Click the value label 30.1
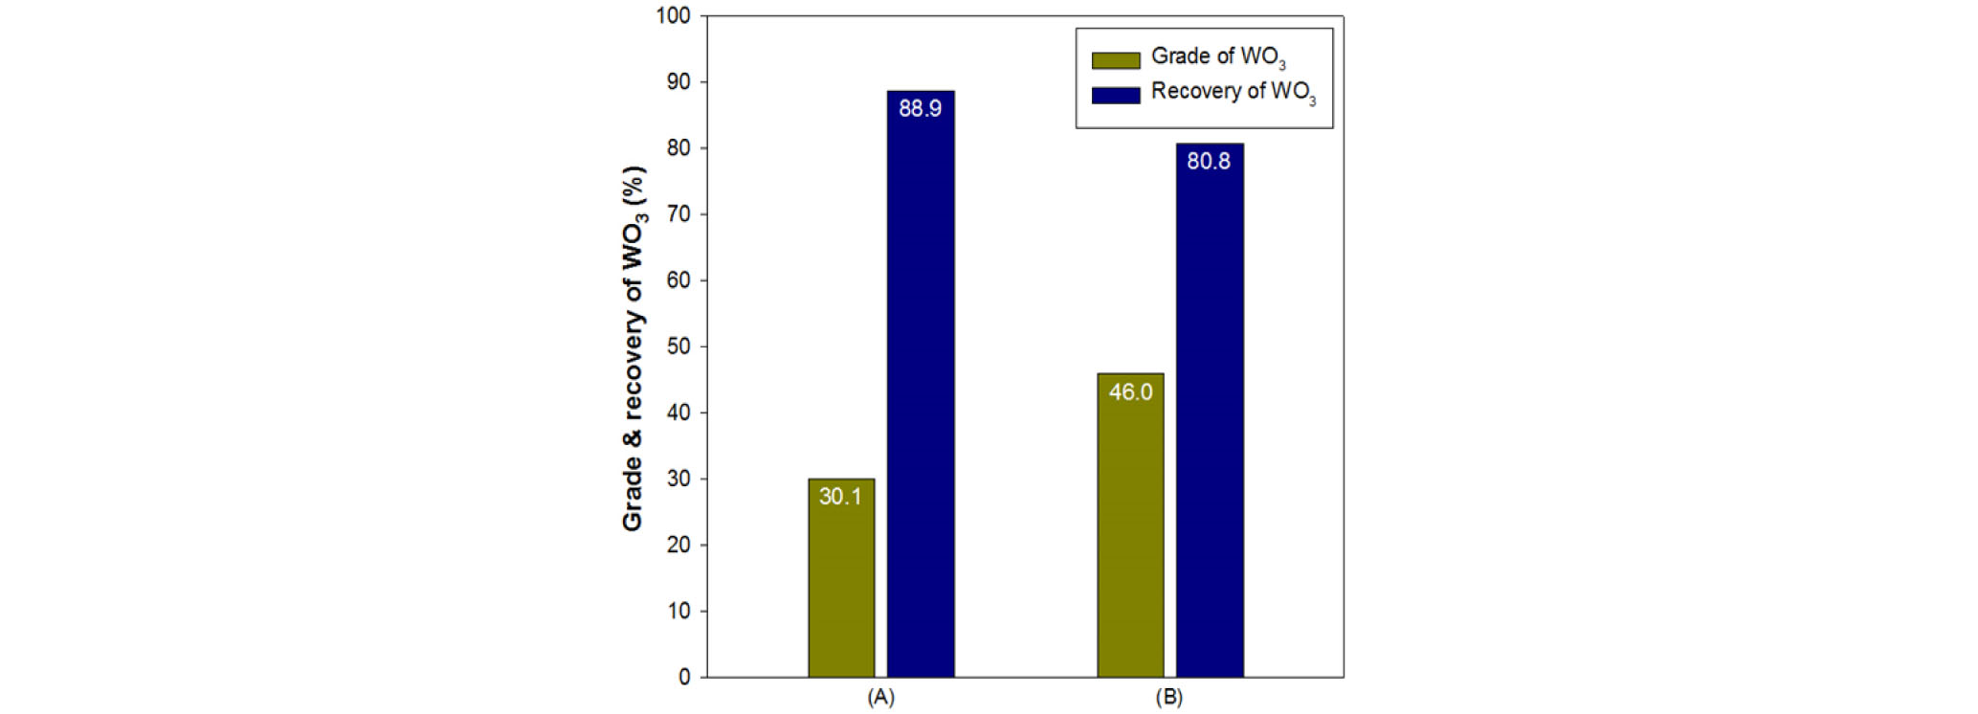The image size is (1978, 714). click(x=840, y=496)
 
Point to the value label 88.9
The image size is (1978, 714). click(x=920, y=108)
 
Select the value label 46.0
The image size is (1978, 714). click(x=1130, y=391)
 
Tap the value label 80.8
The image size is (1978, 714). click(x=1209, y=161)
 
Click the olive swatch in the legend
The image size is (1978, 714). click(x=1116, y=60)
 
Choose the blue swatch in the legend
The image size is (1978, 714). click(x=1116, y=95)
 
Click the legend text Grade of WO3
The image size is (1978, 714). click(x=1217, y=57)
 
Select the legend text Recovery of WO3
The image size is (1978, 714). click(x=1233, y=93)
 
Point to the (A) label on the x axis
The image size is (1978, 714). click(x=880, y=697)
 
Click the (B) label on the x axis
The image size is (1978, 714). click(x=1169, y=697)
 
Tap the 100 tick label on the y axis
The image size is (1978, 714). click(x=673, y=16)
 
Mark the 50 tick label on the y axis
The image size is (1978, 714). click(x=678, y=346)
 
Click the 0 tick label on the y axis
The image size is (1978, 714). click(x=684, y=677)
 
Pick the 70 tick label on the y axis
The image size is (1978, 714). click(x=678, y=214)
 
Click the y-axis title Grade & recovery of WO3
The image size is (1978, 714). click(x=633, y=348)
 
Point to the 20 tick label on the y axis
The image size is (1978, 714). click(x=678, y=545)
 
